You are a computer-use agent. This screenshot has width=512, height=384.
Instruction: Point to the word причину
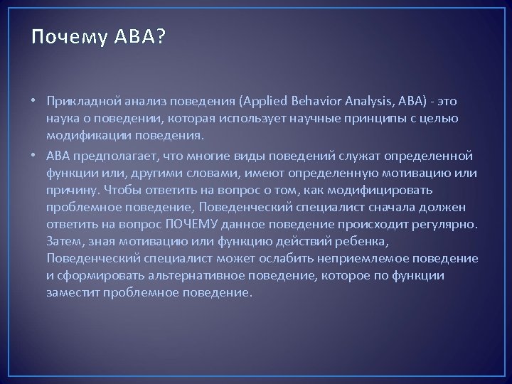coord(74,190)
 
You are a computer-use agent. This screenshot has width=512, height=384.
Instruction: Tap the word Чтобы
coord(124,190)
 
